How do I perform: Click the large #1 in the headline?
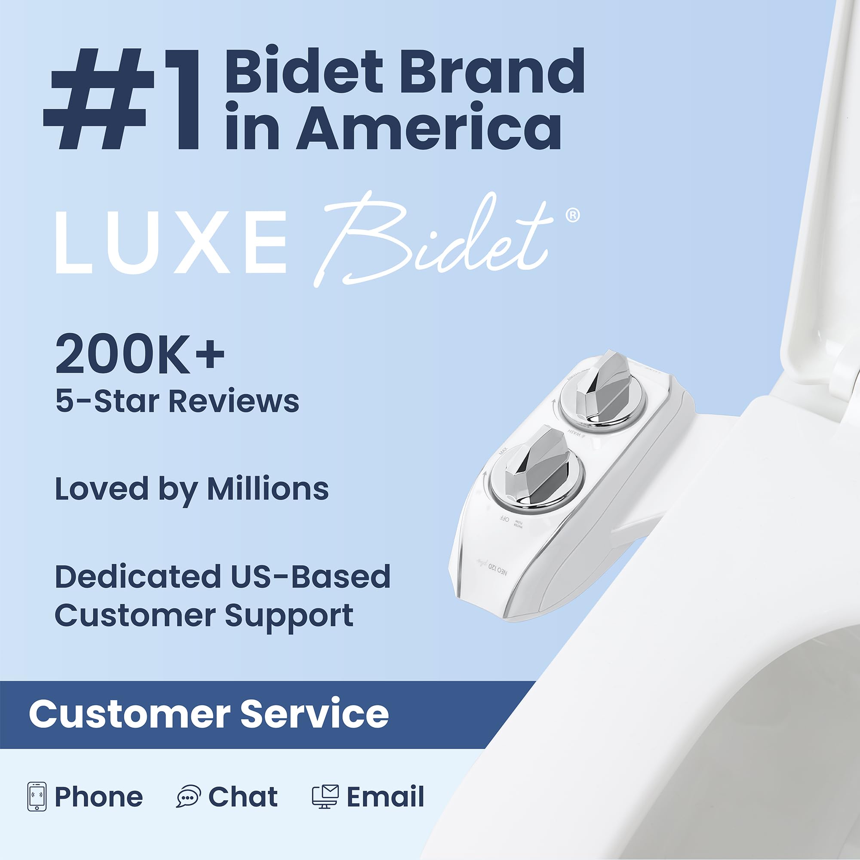click(123, 100)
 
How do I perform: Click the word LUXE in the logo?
click(171, 242)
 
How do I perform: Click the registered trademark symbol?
click(572, 215)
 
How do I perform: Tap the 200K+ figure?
click(140, 355)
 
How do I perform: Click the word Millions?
click(267, 489)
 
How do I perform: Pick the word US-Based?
click(310, 577)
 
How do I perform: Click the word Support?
click(289, 616)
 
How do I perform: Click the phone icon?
click(37, 796)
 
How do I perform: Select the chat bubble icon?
click(189, 796)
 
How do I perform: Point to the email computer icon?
click(325, 796)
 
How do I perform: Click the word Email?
click(385, 796)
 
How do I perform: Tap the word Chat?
click(243, 796)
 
